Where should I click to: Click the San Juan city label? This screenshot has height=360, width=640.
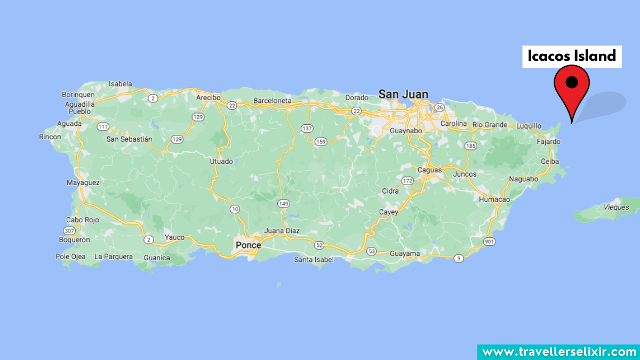[403, 94]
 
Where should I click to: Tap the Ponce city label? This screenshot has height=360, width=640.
[249, 245]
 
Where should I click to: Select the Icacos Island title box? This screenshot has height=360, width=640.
[572, 55]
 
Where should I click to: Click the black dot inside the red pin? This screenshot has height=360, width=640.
[572, 82]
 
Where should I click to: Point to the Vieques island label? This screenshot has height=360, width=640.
[616, 207]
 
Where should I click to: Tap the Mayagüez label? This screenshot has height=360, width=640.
[83, 182]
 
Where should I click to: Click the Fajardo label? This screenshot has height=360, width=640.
[549, 142]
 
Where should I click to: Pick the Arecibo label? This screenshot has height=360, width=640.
[208, 98]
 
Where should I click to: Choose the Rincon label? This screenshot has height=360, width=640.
[50, 137]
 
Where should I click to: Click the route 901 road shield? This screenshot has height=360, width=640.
[489, 242]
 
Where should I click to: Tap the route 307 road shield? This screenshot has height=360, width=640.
[69, 230]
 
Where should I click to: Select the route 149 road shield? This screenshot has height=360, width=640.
[283, 203]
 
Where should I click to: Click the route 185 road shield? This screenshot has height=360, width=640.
[470, 146]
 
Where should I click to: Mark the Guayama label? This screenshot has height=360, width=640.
[405, 253]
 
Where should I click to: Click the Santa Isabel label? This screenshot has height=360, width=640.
[314, 260]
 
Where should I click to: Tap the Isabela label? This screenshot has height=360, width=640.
[120, 84]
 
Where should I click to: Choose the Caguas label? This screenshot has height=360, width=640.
[429, 170]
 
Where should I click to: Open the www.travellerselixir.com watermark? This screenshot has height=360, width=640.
[558, 351]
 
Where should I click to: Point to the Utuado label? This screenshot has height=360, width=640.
[221, 161]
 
